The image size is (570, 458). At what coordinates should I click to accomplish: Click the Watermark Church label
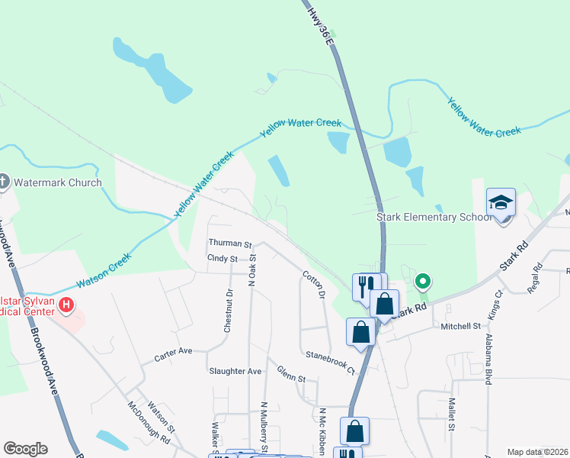58,182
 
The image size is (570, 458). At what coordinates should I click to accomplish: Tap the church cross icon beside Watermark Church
3,182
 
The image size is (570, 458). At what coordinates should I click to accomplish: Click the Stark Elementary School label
434,217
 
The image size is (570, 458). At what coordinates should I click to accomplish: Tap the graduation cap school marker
501,202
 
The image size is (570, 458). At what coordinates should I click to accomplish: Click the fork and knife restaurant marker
364,286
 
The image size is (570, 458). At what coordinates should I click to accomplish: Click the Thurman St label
230,244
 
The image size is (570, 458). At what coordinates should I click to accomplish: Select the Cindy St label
223,260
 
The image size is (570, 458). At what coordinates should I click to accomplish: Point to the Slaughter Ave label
235,372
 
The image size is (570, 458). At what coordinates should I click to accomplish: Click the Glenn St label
291,378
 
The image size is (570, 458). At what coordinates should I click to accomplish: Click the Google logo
25,449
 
